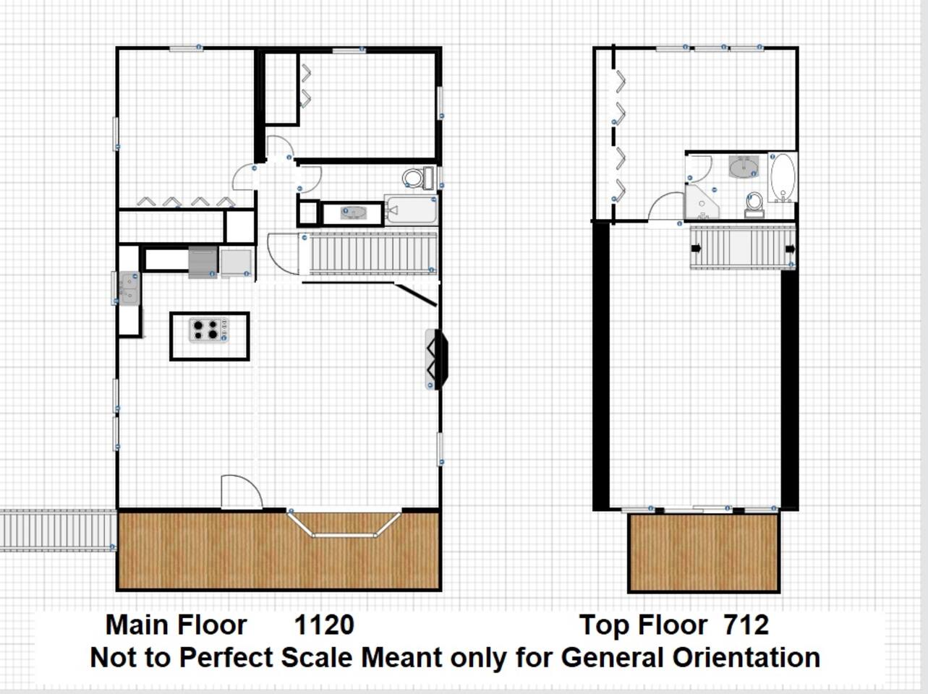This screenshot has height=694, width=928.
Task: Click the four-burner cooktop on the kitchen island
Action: click(x=209, y=330)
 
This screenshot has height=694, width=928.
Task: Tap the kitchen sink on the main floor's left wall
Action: click(x=129, y=288)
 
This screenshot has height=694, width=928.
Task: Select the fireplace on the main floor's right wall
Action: click(x=436, y=359)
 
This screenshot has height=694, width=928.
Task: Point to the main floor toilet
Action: click(x=417, y=178)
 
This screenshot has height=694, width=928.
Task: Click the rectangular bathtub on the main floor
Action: click(x=411, y=209)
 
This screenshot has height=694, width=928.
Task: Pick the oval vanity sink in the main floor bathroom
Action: click(x=354, y=213)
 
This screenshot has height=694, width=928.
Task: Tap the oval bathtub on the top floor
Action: click(x=783, y=177)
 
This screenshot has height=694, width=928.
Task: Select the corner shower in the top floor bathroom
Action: click(x=702, y=202)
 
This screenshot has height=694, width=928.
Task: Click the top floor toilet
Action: click(x=754, y=205)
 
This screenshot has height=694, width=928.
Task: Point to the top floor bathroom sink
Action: click(x=744, y=166)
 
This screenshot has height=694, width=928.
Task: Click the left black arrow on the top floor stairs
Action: click(x=696, y=249)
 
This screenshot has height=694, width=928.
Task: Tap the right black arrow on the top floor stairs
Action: click(x=790, y=249)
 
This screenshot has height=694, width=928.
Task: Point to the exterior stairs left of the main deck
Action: click(x=58, y=531)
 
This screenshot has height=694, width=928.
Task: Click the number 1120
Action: click(x=324, y=625)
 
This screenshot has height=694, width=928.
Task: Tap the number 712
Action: click(x=746, y=625)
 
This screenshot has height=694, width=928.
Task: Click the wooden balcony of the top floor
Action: click(x=704, y=552)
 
